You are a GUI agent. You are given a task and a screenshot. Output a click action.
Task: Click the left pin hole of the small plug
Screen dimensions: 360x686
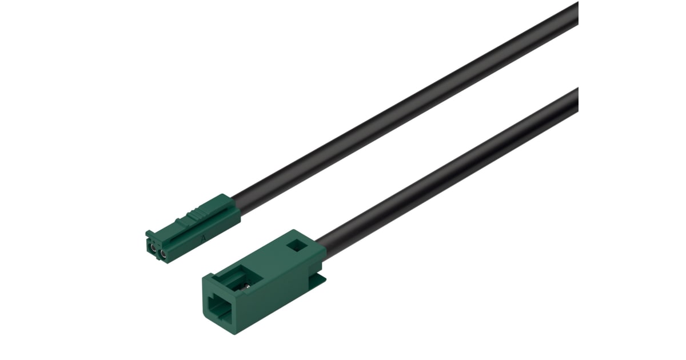pos(154,249)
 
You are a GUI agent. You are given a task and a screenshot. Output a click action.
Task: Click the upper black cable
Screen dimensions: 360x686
pos(400,109)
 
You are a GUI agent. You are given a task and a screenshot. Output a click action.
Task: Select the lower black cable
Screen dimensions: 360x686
pos(446,171)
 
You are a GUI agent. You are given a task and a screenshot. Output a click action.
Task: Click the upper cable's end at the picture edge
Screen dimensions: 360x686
pos(575,14)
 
